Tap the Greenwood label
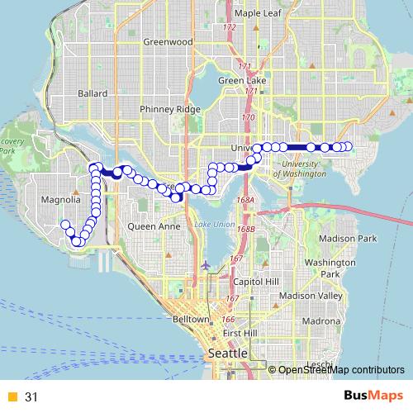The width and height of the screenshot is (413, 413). [167, 41]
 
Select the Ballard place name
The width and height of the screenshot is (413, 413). [93, 94]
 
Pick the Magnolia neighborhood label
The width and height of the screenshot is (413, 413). [60, 199]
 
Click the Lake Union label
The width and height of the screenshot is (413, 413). [215, 225]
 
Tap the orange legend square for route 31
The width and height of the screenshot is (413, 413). [12, 396]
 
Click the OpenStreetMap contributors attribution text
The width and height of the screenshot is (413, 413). [342, 370]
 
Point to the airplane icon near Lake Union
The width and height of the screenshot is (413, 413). [206, 265]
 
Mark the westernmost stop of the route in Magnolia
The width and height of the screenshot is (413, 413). [65, 225]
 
